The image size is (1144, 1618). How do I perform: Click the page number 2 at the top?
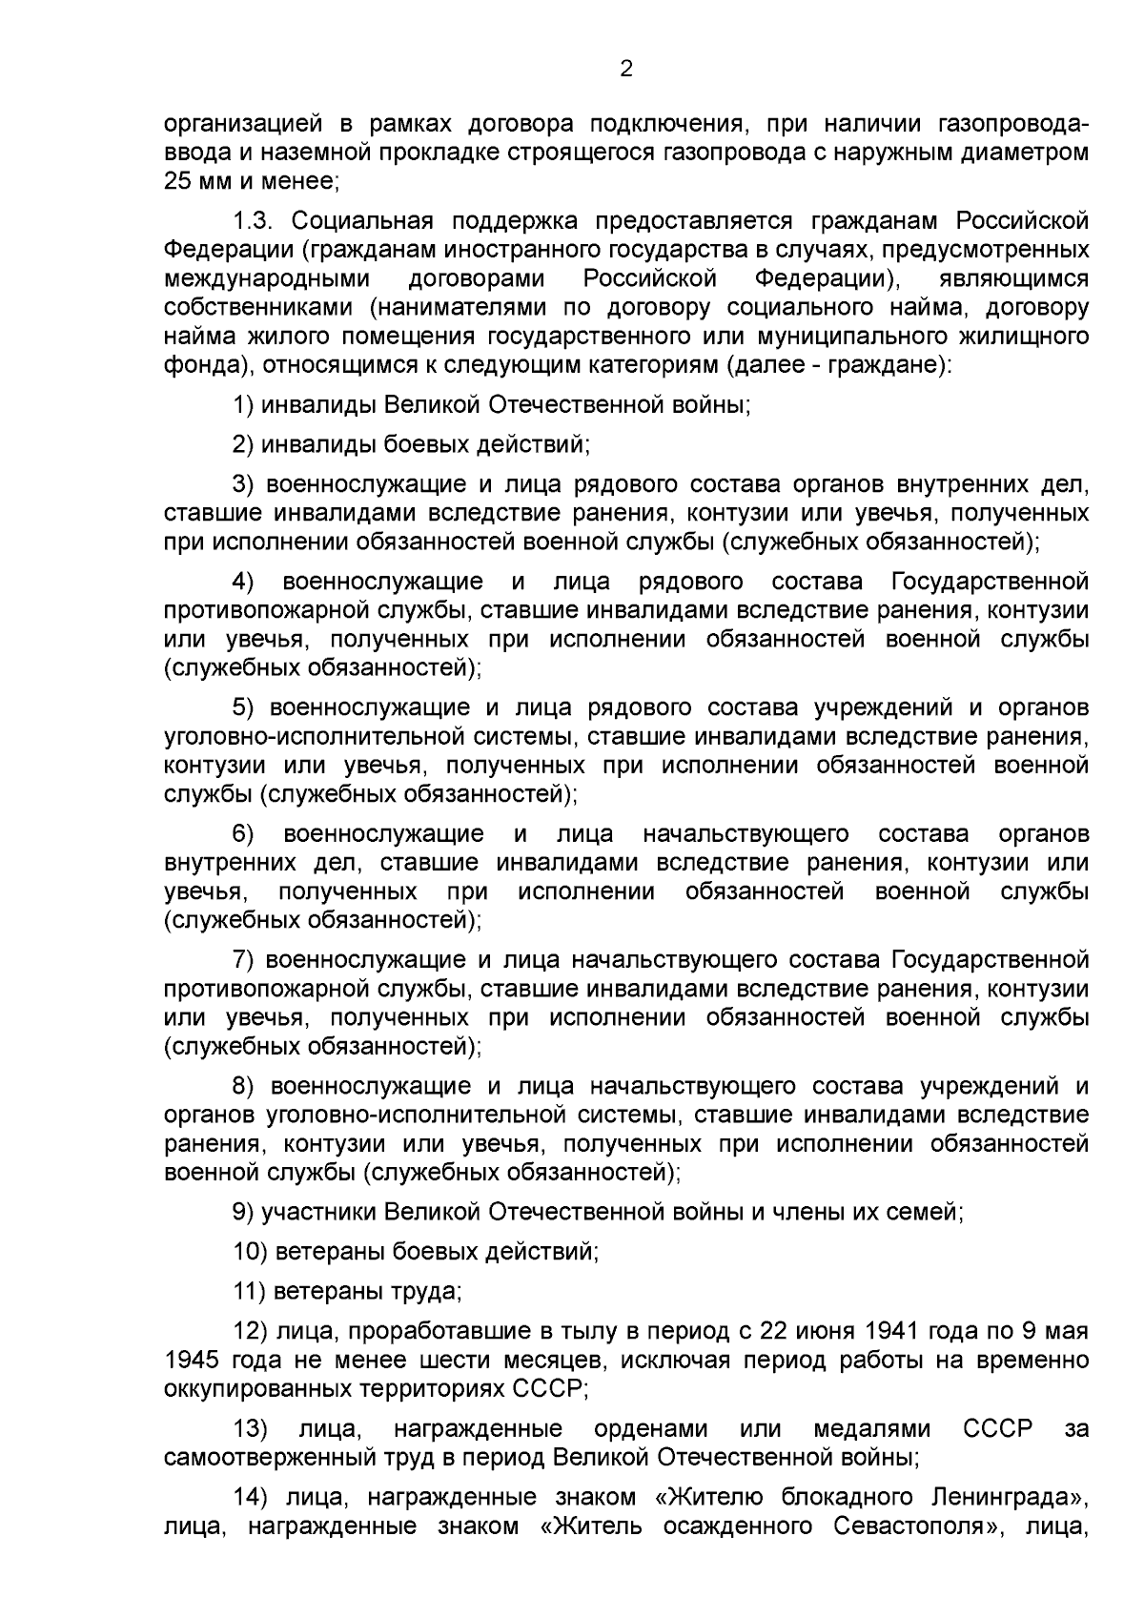[626, 69]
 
